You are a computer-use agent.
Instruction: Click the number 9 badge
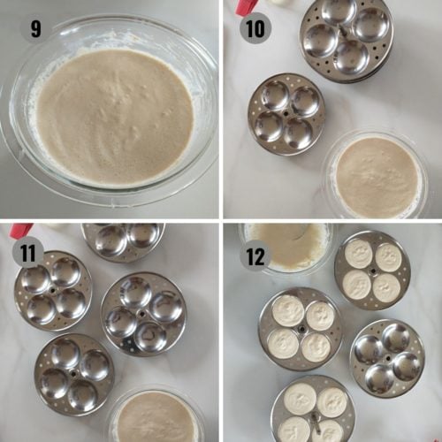(x=35, y=28)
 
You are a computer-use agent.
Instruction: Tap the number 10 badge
(x=255, y=28)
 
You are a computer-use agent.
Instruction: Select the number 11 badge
(x=28, y=253)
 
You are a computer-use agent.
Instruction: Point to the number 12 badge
(x=255, y=255)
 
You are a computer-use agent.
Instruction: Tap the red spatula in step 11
(x=21, y=230)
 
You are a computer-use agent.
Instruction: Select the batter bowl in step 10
(x=377, y=174)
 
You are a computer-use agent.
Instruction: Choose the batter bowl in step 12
(x=286, y=248)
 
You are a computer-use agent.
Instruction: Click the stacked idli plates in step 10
(x=347, y=41)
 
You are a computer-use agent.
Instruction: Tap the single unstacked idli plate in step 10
(x=286, y=114)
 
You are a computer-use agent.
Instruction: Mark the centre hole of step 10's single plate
(x=286, y=114)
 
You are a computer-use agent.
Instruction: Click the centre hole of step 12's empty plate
(x=388, y=358)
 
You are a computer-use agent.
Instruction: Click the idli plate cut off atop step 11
(x=123, y=241)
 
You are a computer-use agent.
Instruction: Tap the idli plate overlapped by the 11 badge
(x=53, y=291)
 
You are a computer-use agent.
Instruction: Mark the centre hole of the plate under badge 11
(x=53, y=291)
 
